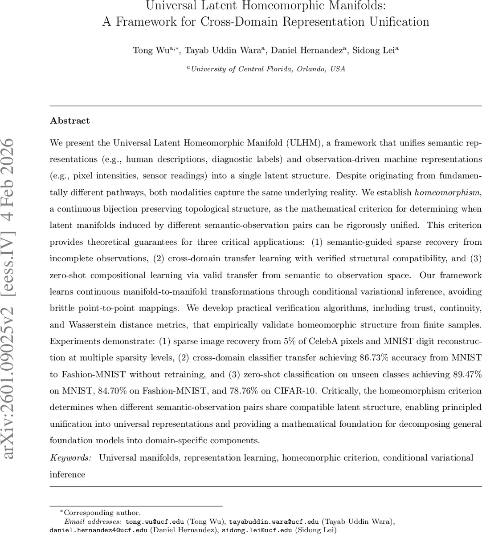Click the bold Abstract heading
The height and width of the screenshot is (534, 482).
pyautogui.click(x=70, y=121)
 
